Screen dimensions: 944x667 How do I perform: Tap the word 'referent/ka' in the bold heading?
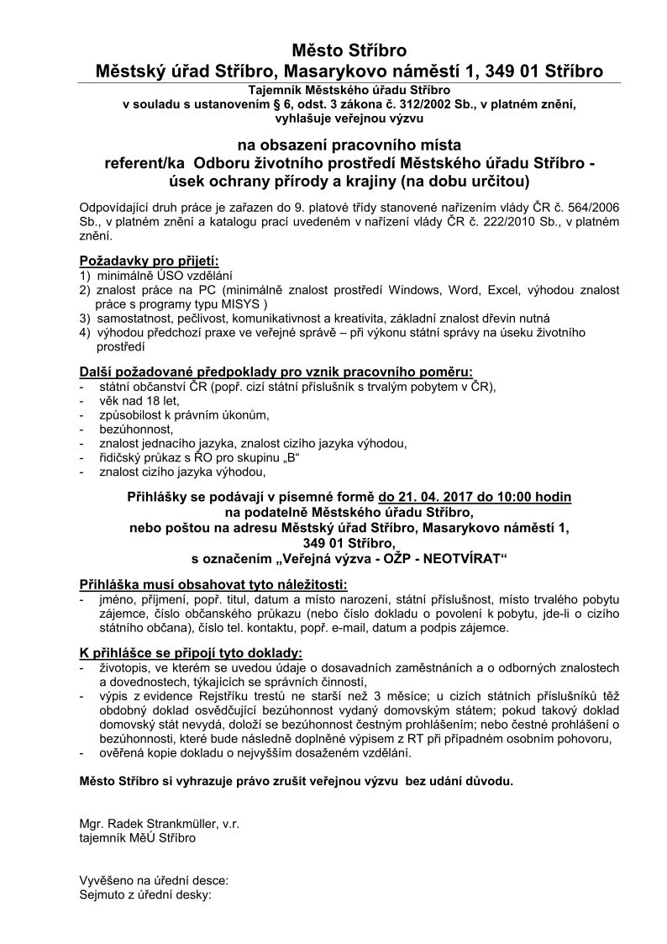pyautogui.click(x=138, y=162)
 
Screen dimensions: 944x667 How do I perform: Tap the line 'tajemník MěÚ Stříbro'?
pyautogui.click(x=139, y=837)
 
